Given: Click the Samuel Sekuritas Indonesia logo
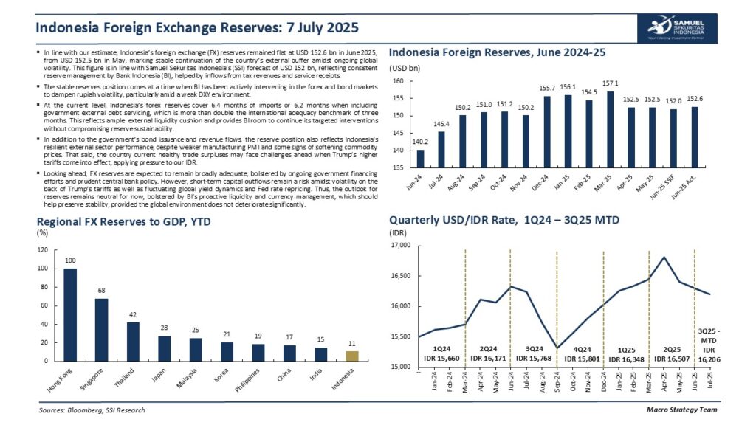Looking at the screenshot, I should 677,28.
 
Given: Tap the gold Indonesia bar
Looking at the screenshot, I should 354,356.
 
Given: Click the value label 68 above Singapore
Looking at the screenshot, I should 102,290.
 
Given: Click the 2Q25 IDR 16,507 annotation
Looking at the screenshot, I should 671,353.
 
